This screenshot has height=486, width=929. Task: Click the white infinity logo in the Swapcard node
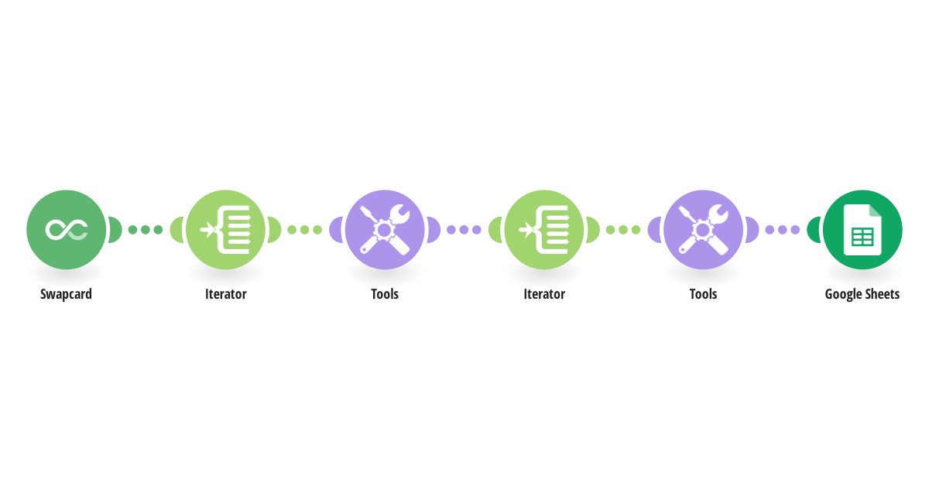pyautogui.click(x=67, y=230)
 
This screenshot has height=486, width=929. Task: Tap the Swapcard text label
pyautogui.click(x=66, y=294)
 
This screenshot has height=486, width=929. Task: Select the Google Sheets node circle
pyautogui.click(x=862, y=230)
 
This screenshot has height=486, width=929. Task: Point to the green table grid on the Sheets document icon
pyautogui.click(x=862, y=238)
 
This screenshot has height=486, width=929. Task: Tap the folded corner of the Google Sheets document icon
pyautogui.click(x=875, y=210)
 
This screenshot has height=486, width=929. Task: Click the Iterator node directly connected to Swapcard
pyautogui.click(x=225, y=230)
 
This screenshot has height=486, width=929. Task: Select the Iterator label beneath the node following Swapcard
pyautogui.click(x=225, y=294)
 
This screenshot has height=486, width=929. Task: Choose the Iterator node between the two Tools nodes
pyautogui.click(x=544, y=230)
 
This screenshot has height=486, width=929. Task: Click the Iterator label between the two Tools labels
pyautogui.click(x=544, y=294)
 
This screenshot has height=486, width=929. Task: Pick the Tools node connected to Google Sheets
pyautogui.click(x=704, y=230)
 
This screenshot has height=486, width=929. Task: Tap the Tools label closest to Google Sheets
pyautogui.click(x=704, y=294)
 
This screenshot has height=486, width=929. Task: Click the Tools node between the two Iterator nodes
pyautogui.click(x=385, y=230)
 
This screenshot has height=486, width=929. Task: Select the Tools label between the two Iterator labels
pyautogui.click(x=385, y=294)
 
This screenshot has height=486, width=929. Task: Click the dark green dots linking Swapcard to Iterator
pyautogui.click(x=146, y=230)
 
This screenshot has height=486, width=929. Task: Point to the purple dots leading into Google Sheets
pyautogui.click(x=783, y=230)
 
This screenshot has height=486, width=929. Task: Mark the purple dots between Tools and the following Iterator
pyautogui.click(x=464, y=230)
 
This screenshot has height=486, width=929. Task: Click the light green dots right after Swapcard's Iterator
pyautogui.click(x=305, y=230)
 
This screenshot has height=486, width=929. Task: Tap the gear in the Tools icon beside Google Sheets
pyautogui.click(x=703, y=230)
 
